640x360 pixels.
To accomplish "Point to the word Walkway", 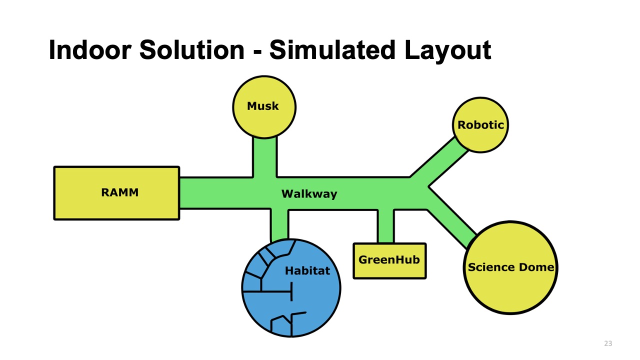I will pyautogui.click(x=309, y=194).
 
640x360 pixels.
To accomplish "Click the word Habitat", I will pyautogui.click(x=307, y=271).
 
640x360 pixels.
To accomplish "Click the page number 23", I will pyautogui.click(x=608, y=343).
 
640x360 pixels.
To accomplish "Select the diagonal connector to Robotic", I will pyautogui.click(x=438, y=158).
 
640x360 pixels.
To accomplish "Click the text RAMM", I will pyautogui.click(x=119, y=193).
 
